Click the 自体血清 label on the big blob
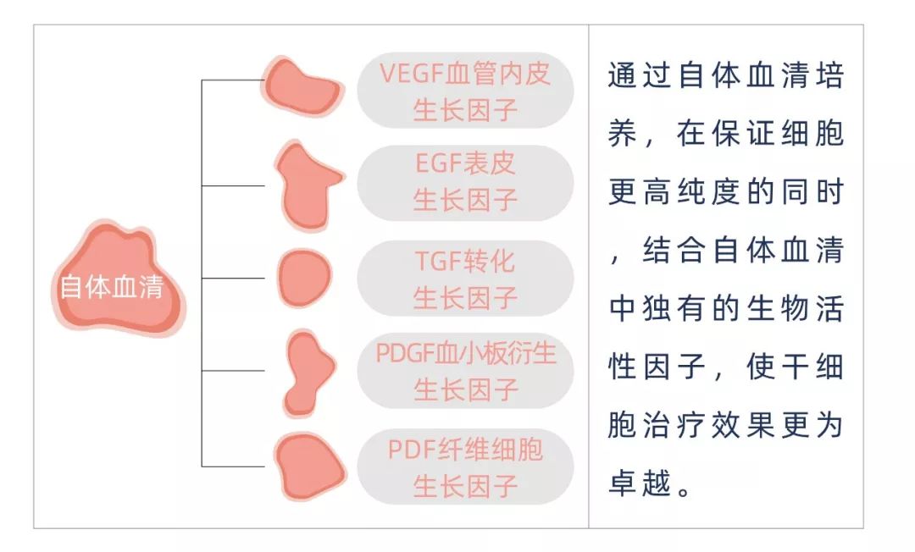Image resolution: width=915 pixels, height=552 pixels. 111,288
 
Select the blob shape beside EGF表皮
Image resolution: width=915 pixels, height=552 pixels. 305,185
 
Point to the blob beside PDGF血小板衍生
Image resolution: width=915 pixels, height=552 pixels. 307,372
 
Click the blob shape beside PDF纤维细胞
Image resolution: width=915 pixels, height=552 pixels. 308,466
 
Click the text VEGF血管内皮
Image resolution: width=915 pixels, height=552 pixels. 464,74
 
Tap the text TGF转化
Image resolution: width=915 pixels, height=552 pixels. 465,261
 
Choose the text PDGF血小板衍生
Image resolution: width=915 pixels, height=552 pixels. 465,353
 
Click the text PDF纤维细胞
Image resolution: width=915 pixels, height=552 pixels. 465,449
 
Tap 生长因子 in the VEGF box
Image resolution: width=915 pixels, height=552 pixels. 465,110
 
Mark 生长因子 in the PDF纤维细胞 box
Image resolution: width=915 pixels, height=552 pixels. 465,486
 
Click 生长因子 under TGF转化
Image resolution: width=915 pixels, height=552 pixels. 465,298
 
